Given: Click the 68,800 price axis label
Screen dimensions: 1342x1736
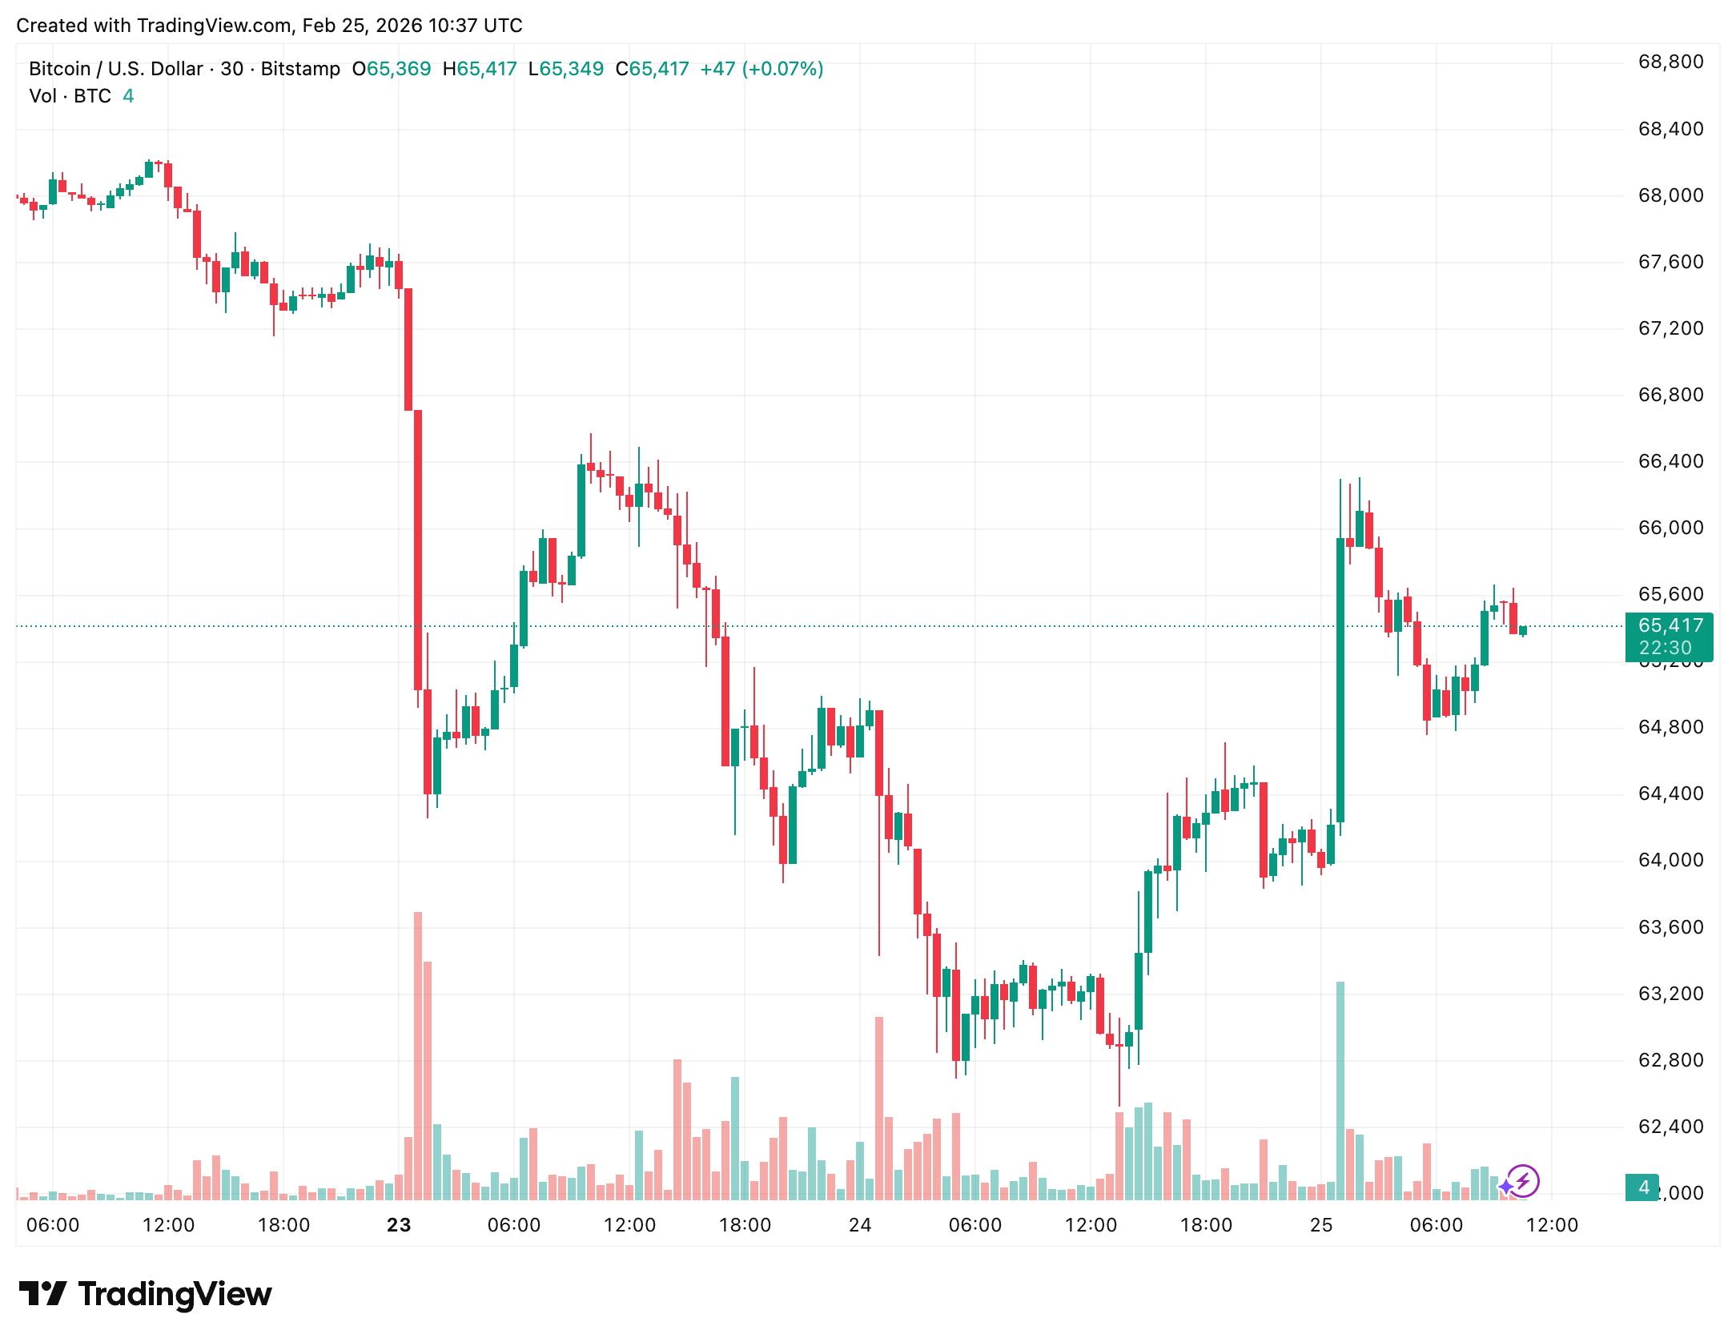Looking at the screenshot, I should click(1670, 62).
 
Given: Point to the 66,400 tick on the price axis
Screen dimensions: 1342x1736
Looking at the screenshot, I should click(1670, 461).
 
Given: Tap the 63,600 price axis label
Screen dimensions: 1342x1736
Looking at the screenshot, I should click(1670, 927).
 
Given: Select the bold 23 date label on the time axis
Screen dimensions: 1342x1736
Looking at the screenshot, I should click(399, 1225).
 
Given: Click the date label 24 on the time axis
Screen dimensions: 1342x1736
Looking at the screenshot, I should click(860, 1225).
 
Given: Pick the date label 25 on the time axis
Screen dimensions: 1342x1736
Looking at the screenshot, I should click(1321, 1225).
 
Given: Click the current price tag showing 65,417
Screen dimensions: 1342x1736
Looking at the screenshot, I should click(1670, 625).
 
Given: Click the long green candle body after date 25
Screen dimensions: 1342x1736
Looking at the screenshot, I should click(1340, 681).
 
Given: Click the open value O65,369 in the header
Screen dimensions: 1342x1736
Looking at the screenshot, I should click(392, 69).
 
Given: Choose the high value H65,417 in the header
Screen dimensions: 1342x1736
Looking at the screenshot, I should click(480, 69).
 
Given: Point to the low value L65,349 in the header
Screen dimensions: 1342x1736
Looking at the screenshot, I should click(566, 69).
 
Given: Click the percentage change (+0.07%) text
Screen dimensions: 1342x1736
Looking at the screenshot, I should click(782, 69).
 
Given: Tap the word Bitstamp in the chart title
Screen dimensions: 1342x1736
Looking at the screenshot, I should click(300, 69).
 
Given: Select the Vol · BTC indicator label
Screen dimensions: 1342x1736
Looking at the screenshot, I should click(70, 96).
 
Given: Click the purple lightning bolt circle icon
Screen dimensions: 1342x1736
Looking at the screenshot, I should click(1523, 1180).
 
